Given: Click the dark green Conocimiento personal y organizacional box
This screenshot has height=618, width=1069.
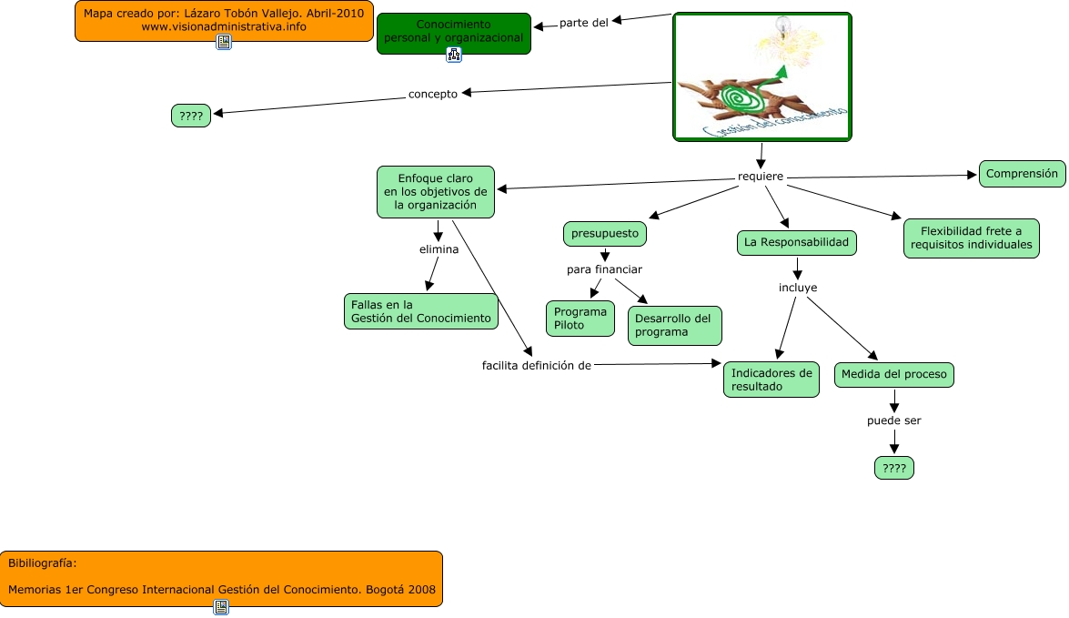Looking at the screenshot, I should click(x=453, y=32).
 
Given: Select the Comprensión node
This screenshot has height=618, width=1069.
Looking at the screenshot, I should click(x=1022, y=174).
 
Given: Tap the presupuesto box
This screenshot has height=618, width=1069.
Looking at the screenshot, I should click(x=605, y=234).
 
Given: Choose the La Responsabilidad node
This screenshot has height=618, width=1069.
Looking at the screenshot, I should click(x=796, y=243).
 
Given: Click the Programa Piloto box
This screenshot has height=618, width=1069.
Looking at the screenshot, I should click(x=580, y=319).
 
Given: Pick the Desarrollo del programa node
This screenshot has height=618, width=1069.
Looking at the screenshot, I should click(x=674, y=326).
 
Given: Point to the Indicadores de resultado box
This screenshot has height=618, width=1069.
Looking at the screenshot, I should click(x=771, y=380).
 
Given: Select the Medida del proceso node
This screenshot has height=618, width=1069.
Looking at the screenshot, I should click(x=893, y=374).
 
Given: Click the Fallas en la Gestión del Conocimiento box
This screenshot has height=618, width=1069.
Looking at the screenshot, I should click(x=421, y=311).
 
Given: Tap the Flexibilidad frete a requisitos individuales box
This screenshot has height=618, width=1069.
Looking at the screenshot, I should click(x=971, y=238).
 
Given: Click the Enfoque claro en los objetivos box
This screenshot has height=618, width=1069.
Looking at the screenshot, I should click(x=435, y=192).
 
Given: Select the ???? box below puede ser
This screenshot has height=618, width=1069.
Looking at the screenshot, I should click(x=893, y=468).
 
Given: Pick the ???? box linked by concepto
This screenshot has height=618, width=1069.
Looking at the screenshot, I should click(x=191, y=116).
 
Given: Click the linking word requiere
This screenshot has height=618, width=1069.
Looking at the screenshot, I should click(x=761, y=176).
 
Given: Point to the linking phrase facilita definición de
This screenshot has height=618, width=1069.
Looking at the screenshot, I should click(x=537, y=365).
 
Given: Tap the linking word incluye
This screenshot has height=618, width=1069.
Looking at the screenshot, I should click(x=797, y=288).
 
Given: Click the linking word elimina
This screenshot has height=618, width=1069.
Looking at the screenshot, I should click(x=439, y=248).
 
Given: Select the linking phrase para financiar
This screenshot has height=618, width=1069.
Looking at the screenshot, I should click(x=604, y=269).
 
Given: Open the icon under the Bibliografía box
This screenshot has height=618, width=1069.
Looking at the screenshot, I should click(x=220, y=607).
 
